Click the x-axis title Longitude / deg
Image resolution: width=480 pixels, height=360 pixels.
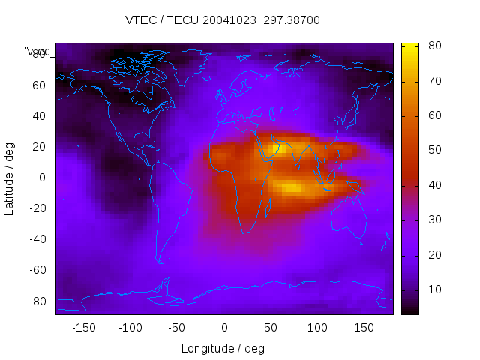223,349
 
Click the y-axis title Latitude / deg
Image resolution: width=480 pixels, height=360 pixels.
10,178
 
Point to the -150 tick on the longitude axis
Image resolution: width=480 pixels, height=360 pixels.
84,328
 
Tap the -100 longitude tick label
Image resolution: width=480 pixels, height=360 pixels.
130,328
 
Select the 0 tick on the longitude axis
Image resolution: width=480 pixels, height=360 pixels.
224,328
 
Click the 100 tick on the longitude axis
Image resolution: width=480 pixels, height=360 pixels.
317,328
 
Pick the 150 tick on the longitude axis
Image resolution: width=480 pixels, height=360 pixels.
364,328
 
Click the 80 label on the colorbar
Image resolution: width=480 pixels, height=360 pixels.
433,46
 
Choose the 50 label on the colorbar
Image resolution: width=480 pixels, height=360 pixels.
433,150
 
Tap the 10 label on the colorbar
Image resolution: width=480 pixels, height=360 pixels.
433,289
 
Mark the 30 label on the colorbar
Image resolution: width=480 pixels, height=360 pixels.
433,220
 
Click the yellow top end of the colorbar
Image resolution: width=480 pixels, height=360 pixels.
409,46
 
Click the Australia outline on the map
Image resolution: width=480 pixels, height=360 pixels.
349,217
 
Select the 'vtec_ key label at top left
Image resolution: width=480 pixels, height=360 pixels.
37,52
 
